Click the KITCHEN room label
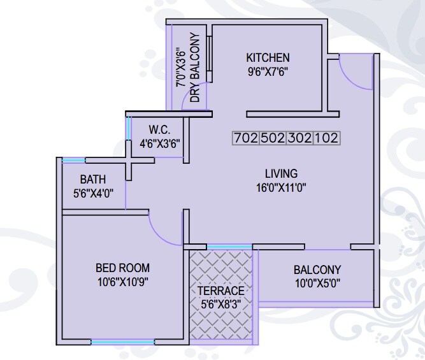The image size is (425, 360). point(268,58)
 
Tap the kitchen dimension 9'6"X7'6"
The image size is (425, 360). point(268,71)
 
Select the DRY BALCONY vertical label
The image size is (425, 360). point(195,68)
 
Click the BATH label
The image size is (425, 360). point(93,179)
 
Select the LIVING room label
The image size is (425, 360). point(281,173)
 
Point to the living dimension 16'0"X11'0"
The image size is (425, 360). point(281,187)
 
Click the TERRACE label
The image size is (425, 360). point(220,291)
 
